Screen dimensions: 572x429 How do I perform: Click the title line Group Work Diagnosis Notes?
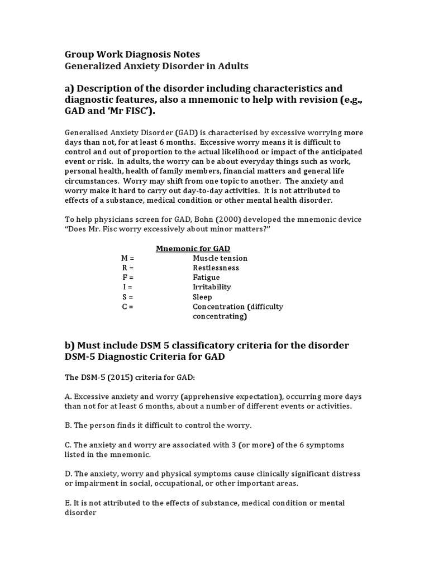(132, 54)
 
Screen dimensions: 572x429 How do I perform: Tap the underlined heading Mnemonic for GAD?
(193, 248)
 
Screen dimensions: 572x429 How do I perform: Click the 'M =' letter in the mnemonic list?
(127, 258)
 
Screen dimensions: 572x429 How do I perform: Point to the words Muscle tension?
(220, 258)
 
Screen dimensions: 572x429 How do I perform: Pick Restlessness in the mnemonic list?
(216, 268)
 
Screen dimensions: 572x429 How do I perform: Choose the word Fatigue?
(206, 278)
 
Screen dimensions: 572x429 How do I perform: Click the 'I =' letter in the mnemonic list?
(127, 287)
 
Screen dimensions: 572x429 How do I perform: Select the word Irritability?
(212, 287)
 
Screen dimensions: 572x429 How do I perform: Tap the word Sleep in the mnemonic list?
(202, 297)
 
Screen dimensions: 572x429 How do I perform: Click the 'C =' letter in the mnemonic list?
(127, 307)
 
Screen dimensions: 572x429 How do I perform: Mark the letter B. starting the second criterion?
(68, 425)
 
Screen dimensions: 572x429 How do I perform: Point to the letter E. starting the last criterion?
(68, 503)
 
